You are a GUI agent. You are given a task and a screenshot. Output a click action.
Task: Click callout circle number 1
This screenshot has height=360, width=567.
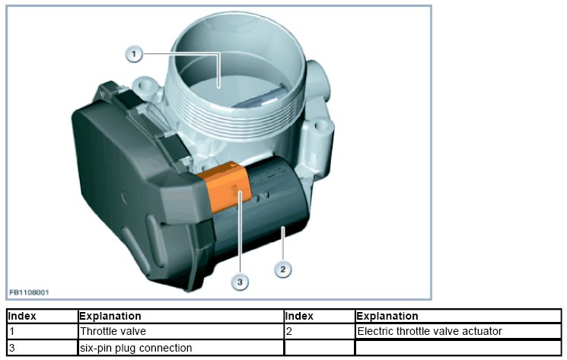[134, 53]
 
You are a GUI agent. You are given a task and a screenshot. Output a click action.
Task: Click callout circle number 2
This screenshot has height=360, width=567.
[282, 269]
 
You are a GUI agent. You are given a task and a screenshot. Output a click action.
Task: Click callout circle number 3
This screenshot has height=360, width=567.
[240, 282]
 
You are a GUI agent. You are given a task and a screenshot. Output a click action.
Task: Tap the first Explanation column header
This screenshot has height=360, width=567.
[110, 316]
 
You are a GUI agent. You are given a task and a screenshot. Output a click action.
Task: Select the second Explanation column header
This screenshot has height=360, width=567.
[387, 316]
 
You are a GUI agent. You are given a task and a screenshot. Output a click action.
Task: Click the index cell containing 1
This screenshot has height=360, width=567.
[42, 331]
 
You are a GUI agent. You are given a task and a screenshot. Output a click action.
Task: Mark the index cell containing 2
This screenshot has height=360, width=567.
[319, 331]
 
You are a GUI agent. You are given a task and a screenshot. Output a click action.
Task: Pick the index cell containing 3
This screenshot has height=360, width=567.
[42, 348]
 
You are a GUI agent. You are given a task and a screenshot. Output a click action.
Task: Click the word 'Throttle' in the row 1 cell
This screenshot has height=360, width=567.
[97, 331]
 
